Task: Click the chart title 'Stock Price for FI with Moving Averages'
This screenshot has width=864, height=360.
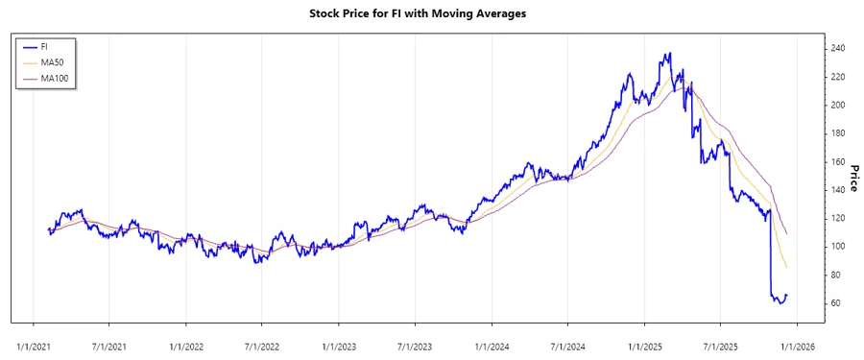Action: tap(431, 14)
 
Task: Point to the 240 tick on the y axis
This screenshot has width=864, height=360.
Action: tap(837, 48)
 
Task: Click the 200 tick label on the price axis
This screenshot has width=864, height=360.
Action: tap(837, 105)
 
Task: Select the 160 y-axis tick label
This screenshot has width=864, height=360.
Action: tap(837, 161)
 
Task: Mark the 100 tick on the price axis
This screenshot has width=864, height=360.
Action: tap(837, 247)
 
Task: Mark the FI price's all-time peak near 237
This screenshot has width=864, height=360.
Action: tap(669, 54)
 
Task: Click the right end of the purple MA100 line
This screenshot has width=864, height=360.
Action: tap(787, 233)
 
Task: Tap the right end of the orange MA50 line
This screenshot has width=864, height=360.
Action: tap(787, 267)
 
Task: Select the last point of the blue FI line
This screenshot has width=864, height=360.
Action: tap(787, 295)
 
